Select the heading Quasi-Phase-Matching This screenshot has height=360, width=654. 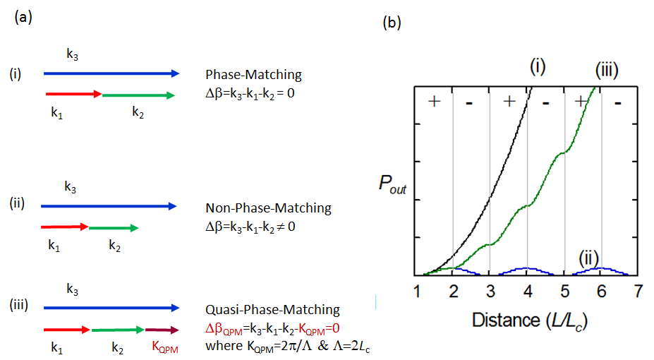[x=272, y=310]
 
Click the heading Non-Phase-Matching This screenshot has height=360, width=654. [x=267, y=208]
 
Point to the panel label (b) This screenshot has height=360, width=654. [x=392, y=23]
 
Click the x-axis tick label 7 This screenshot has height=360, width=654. [x=638, y=291]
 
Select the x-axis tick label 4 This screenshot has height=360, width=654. [x=527, y=291]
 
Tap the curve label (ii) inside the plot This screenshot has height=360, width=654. [x=590, y=258]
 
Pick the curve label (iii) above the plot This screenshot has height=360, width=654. [x=607, y=69]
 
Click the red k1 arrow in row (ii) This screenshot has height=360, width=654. [x=65, y=227]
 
